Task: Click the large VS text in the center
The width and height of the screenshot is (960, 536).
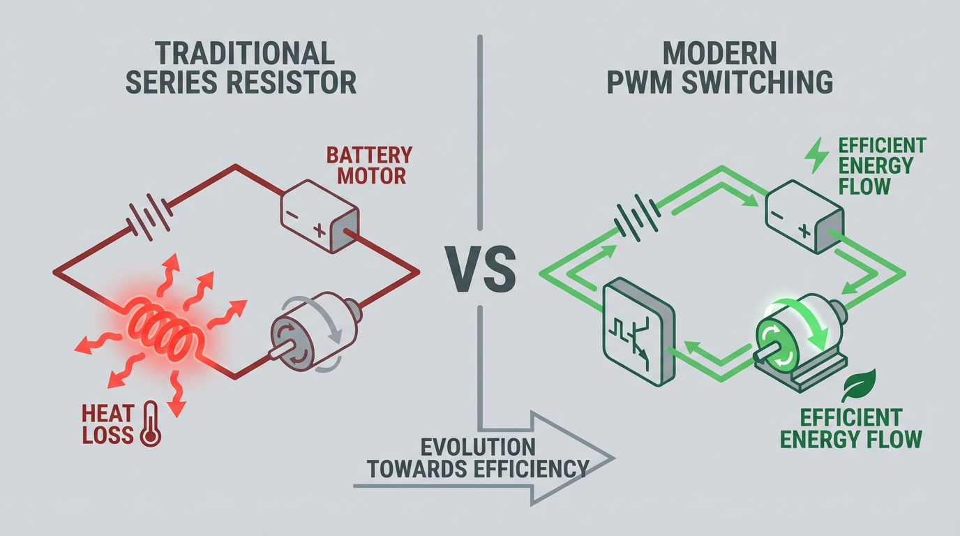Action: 481,269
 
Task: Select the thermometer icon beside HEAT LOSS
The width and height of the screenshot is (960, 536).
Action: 150,423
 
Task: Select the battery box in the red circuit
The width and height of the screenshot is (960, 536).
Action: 320,216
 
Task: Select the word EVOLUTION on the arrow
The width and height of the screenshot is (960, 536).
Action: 477,447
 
